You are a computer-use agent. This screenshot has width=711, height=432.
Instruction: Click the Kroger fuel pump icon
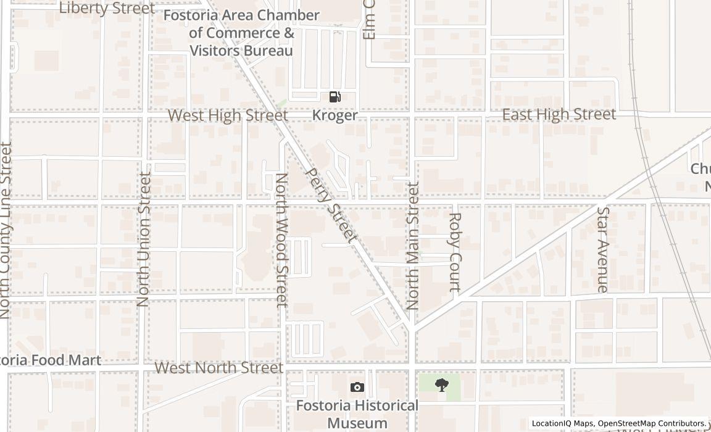335,96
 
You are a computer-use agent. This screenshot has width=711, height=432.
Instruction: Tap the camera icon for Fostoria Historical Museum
357,387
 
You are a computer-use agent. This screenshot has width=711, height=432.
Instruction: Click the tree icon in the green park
441,386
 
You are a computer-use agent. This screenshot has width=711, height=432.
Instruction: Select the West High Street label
228,115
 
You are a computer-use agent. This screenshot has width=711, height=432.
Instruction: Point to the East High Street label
559,114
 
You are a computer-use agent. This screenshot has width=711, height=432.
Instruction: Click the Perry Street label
331,205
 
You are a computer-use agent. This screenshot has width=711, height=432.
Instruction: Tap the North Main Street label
413,245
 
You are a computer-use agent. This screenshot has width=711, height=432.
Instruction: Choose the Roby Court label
455,251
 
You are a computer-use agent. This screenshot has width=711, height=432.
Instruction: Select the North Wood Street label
281,239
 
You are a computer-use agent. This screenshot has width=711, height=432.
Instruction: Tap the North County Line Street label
6,230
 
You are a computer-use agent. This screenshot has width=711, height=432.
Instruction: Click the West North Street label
218,368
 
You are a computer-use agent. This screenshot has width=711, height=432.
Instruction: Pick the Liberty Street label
107,8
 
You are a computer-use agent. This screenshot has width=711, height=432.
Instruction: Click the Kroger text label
335,115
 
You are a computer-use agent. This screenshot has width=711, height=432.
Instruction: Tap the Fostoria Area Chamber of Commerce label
241,33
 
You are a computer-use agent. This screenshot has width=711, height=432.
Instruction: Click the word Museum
357,423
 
